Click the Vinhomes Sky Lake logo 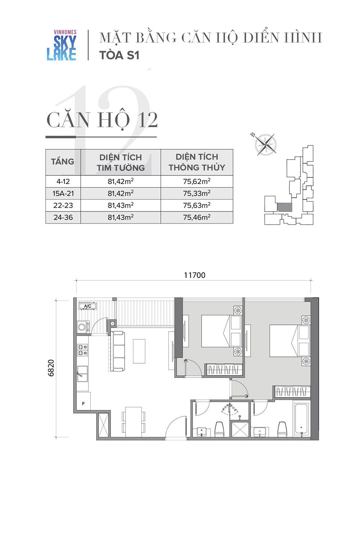62,45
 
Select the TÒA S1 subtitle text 120,55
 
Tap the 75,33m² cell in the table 197,193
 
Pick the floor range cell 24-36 63,217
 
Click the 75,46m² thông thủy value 197,217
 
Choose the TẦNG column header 62,161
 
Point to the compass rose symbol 265,145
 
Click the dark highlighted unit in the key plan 284,207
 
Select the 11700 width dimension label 195,275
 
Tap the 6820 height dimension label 51,368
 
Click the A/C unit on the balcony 87,306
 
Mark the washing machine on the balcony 82,327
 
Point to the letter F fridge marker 83,404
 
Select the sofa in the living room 117,351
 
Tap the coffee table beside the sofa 139,351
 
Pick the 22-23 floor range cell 63,206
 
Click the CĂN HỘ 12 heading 102,120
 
